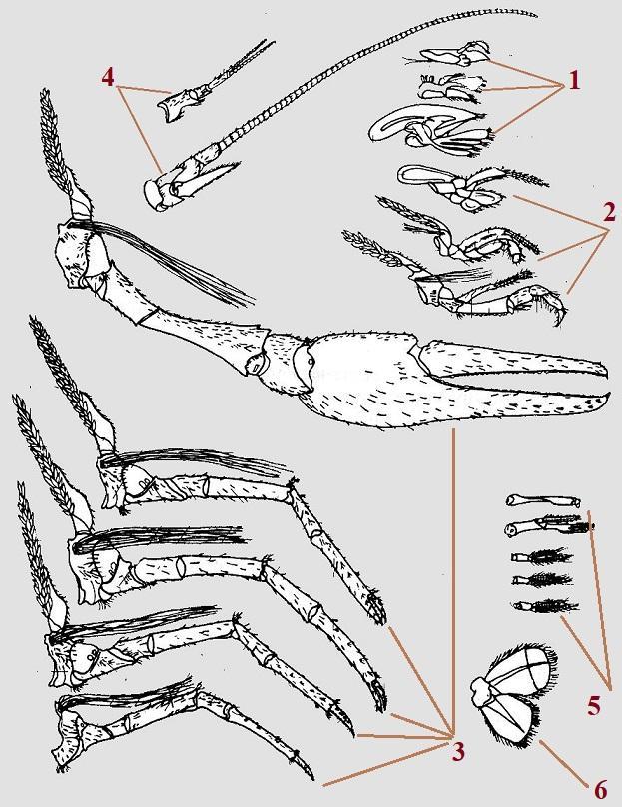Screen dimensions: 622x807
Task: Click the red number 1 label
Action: click(x=574, y=80)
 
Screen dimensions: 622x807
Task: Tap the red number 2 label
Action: click(x=609, y=212)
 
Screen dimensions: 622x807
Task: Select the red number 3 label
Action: click(x=457, y=752)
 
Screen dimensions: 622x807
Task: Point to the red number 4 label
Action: click(x=108, y=77)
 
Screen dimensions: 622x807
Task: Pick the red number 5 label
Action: click(x=594, y=707)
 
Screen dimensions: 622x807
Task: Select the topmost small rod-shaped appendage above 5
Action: click(x=543, y=500)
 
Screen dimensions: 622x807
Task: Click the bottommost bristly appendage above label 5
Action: click(x=545, y=606)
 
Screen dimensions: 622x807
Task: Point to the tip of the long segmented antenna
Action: click(x=535, y=15)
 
